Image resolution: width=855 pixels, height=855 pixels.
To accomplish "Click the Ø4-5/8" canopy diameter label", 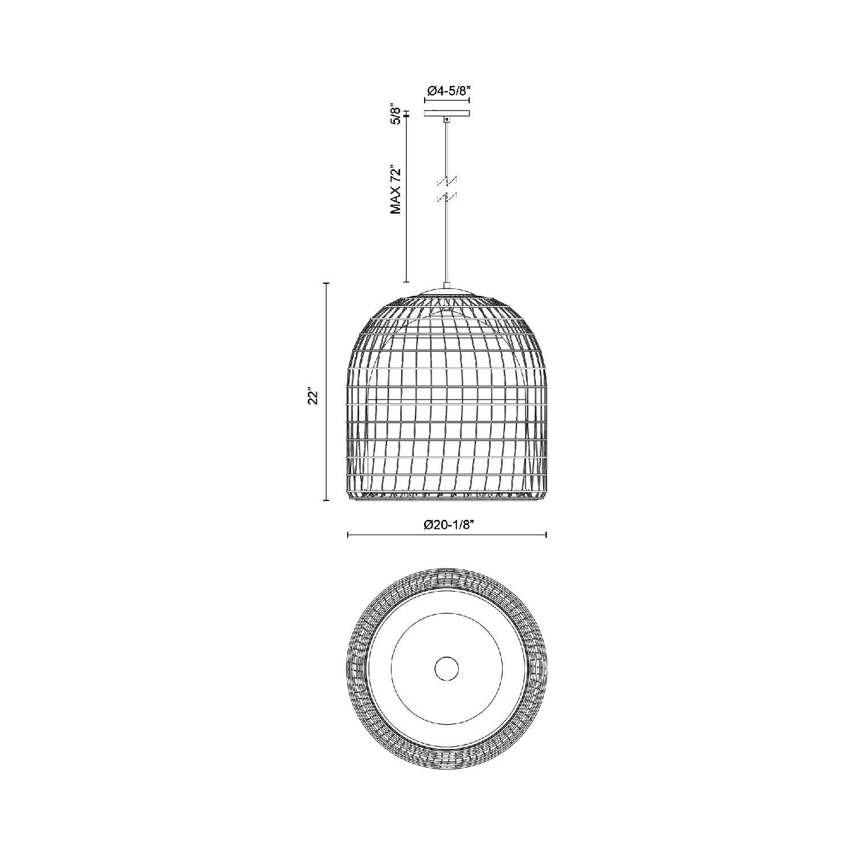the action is coord(447,90).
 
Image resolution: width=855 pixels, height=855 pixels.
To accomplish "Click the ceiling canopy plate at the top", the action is coord(447,113).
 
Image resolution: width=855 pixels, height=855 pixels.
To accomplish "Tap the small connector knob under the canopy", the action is coord(447,119).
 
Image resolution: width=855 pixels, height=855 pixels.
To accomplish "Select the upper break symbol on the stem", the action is coord(447,180).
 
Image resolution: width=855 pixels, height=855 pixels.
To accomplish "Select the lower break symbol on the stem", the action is coord(447,197).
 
